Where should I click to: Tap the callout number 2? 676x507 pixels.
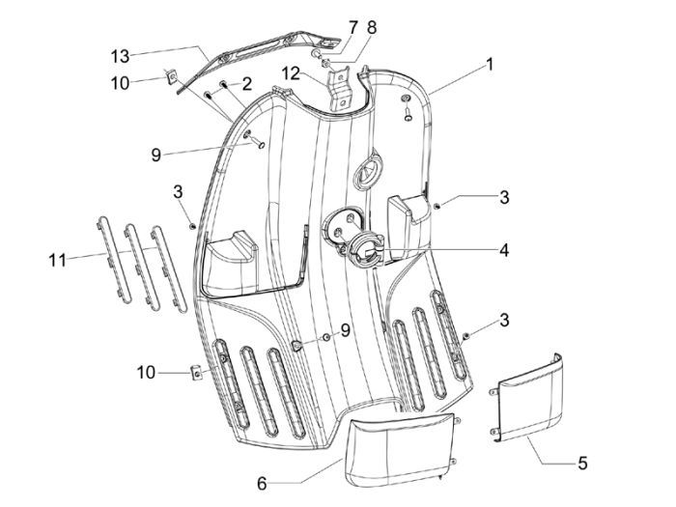tap(247, 84)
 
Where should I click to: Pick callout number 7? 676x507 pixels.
tap(352, 25)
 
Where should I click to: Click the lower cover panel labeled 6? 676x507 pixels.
tap(398, 445)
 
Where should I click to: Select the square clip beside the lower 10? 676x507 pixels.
tap(194, 371)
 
